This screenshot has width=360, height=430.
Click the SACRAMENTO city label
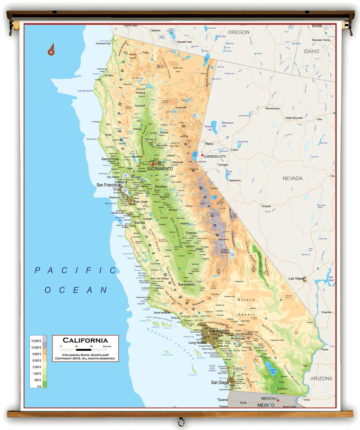(160, 169)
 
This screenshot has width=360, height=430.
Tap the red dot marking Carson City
(202, 155)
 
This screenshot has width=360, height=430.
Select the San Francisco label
(108, 185)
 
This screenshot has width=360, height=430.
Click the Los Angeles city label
(220, 331)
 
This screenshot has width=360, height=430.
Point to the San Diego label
(219, 382)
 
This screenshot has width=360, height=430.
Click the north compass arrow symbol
(51, 49)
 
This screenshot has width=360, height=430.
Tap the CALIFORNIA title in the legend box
(85, 340)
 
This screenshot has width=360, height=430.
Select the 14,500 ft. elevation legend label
(36, 341)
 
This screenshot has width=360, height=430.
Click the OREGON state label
(238, 32)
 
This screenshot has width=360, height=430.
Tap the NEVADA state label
(292, 178)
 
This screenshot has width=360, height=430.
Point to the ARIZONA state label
(321, 378)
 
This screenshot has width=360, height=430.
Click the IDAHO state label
(311, 51)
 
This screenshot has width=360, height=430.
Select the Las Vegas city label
(296, 278)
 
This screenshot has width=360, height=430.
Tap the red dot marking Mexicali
(278, 400)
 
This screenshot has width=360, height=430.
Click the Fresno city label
(191, 233)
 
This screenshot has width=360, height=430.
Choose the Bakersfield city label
(186, 284)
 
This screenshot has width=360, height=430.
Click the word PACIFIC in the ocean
(76, 270)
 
